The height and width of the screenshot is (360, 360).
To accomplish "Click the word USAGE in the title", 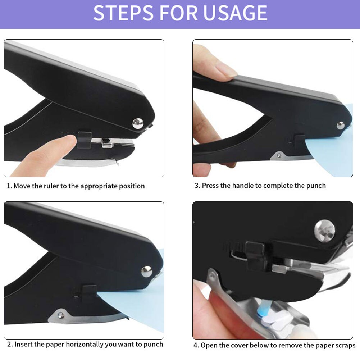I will click(235, 13).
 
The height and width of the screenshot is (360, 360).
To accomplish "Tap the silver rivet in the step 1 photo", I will click(137, 123).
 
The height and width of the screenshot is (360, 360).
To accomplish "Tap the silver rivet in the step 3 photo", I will click(340, 125).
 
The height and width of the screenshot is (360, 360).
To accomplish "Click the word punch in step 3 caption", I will click(315, 186).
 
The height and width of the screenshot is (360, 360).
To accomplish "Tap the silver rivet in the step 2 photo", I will click(146, 271).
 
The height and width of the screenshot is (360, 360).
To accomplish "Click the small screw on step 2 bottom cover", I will click(61, 315).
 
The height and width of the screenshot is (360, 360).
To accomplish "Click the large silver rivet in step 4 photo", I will click(324, 231).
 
